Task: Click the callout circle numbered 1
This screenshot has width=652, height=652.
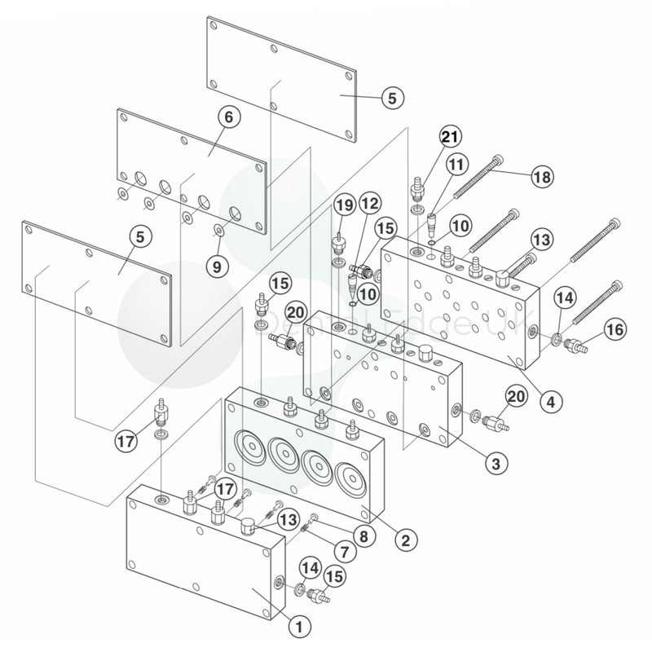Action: (x=300, y=626)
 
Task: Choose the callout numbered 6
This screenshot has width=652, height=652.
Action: (x=228, y=118)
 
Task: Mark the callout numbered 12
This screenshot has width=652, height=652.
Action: (x=370, y=202)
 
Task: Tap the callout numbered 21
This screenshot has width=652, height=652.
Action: (x=450, y=137)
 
